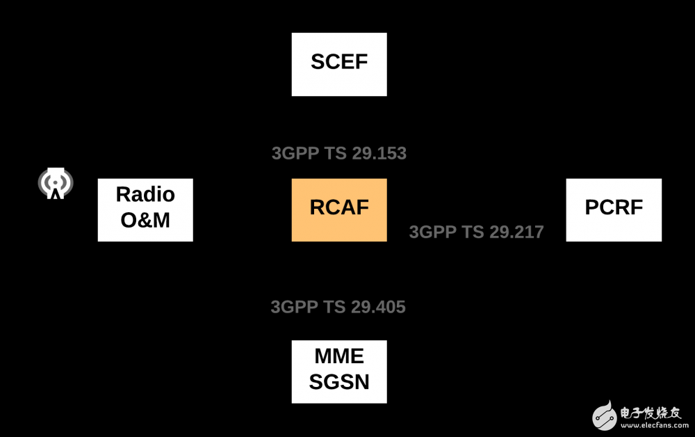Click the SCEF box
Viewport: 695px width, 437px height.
point(339,64)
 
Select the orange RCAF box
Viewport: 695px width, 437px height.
point(339,210)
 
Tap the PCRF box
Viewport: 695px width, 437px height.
point(614,210)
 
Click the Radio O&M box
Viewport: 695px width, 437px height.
point(145,210)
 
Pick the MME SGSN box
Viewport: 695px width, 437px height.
point(339,372)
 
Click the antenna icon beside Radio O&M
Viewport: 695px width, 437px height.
point(56,184)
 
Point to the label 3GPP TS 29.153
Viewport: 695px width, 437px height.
point(339,154)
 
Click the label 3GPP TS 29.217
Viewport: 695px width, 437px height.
point(476,232)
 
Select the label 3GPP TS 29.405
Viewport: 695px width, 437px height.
point(338,307)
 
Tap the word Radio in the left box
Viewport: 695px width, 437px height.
point(145,194)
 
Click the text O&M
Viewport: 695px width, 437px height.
point(145,221)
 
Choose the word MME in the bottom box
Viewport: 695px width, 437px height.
point(339,356)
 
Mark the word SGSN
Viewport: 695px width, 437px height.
point(339,382)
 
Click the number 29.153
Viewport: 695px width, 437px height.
point(379,154)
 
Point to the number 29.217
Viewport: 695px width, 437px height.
point(516,232)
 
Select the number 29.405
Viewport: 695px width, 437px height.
point(378,307)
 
